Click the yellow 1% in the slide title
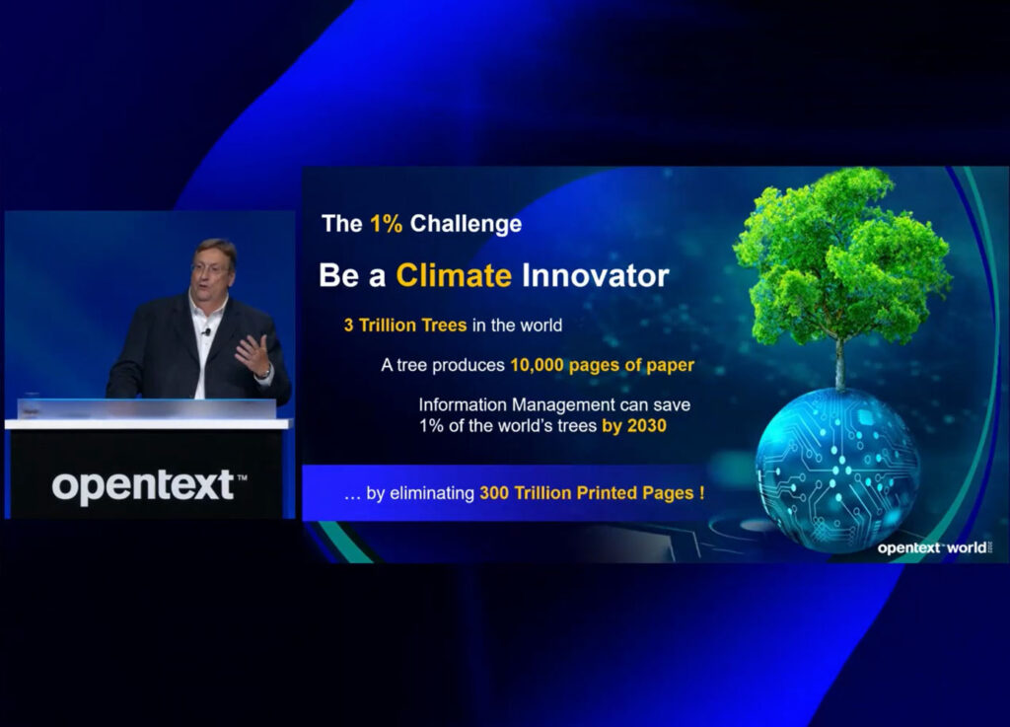[x=386, y=224]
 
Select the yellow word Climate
[x=454, y=275]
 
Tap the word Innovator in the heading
[x=595, y=275]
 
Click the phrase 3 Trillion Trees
[x=406, y=326]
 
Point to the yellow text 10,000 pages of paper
[x=602, y=365]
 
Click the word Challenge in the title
[x=466, y=224]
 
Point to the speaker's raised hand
[x=254, y=354]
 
